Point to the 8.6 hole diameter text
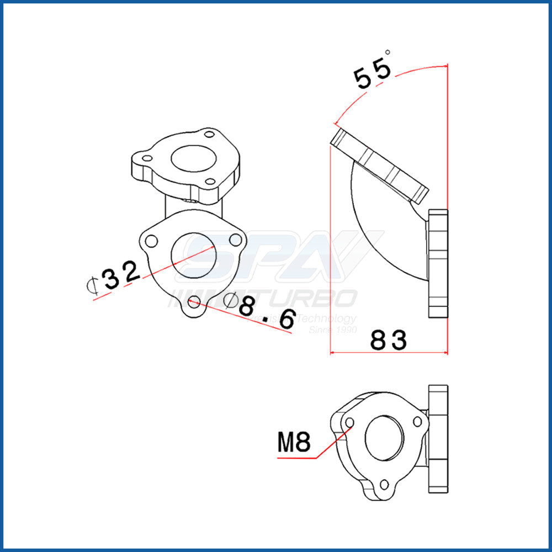(266, 312)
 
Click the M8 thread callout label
(294, 442)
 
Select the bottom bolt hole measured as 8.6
(194, 301)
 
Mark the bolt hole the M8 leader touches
(349, 423)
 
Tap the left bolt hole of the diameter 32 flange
(151, 241)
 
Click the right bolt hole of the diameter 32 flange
(236, 239)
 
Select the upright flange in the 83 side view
(438, 263)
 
